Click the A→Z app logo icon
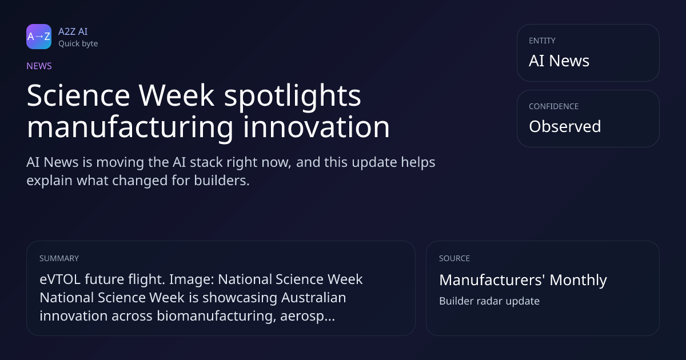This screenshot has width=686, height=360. tap(39, 37)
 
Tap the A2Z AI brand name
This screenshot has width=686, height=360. tap(73, 31)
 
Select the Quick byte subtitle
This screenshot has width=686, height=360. tap(78, 44)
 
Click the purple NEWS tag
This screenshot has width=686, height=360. tap(39, 66)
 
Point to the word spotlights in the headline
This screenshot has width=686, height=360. tap(293, 96)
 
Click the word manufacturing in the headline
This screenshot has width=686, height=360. tap(130, 127)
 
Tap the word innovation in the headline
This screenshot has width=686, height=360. tap(316, 126)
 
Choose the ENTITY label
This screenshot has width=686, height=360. tap(542, 41)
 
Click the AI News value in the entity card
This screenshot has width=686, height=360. tap(559, 61)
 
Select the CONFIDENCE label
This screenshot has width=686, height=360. tap(554, 106)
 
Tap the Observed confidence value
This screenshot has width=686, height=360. tap(565, 126)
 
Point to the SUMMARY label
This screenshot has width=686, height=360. tap(59, 258)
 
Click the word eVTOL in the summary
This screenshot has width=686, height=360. tap(60, 279)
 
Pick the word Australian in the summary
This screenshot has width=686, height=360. tap(314, 298)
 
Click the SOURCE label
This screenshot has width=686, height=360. tap(454, 258)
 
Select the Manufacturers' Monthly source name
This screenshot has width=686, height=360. tap(523, 280)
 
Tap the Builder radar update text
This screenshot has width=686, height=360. tap(489, 301)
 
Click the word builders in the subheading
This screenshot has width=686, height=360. tap(222, 181)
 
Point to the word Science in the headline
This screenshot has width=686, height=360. tap(78, 95)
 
